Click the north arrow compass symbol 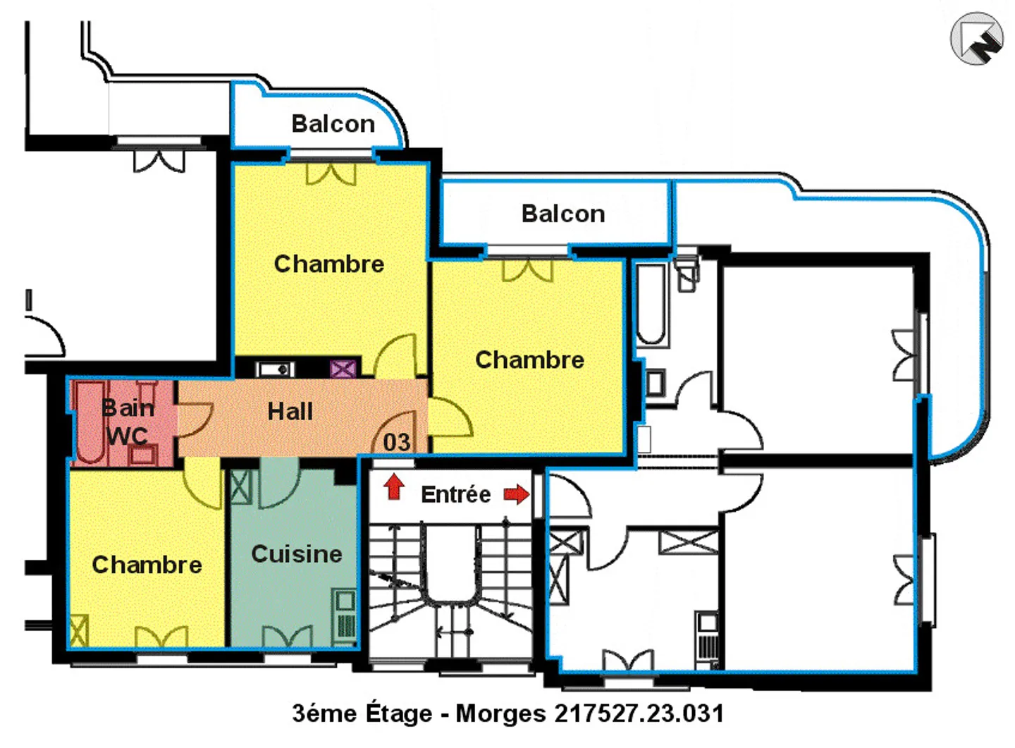click(x=976, y=39)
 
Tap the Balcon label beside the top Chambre click(x=333, y=124)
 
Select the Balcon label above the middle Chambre click(x=562, y=214)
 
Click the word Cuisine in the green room click(x=296, y=554)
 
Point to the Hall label click(x=290, y=412)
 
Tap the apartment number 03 click(x=396, y=443)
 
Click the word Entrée click(x=455, y=495)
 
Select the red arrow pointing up click(x=394, y=486)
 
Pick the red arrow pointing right click(x=517, y=494)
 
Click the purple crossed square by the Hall click(x=343, y=369)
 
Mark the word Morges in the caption click(x=500, y=713)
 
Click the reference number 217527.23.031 click(x=639, y=713)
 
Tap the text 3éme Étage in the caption click(x=362, y=713)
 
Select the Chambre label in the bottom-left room click(x=147, y=565)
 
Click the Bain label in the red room click(x=128, y=408)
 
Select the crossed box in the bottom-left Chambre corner click(x=78, y=630)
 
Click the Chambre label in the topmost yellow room click(x=328, y=264)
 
